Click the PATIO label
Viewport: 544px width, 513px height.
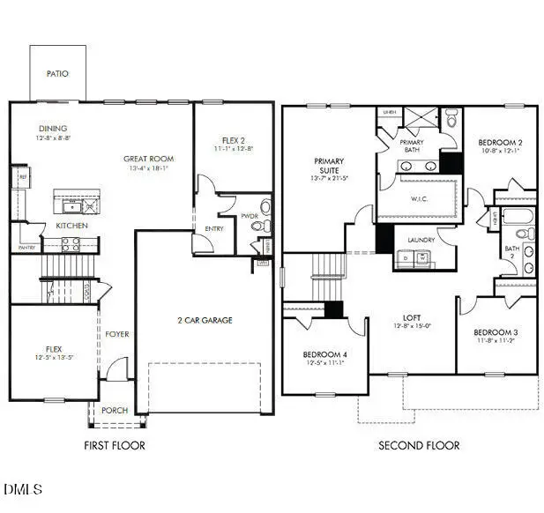[x=57, y=74]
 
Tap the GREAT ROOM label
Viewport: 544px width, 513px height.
[x=146, y=160]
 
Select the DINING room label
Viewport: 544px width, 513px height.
[x=53, y=129]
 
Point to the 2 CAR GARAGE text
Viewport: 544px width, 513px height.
[x=205, y=320]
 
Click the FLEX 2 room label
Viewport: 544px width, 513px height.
[x=234, y=139]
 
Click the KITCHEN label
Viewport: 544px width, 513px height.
[x=71, y=226]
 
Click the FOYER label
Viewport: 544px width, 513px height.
[x=117, y=334]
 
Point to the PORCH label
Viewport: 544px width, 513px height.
[x=115, y=410]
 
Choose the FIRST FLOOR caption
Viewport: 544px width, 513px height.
[x=115, y=445]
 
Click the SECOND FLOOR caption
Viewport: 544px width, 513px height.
[x=419, y=445]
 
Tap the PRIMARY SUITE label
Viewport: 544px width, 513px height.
[x=329, y=167]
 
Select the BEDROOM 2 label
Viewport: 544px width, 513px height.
[x=500, y=142]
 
